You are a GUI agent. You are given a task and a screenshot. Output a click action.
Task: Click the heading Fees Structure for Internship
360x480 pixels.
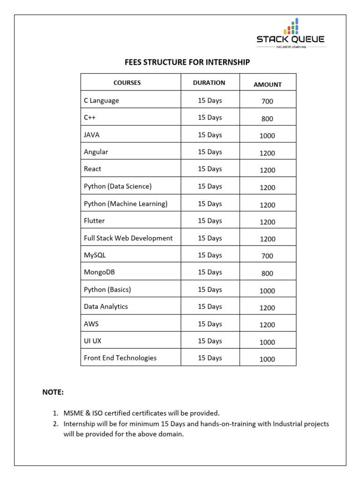[187, 62]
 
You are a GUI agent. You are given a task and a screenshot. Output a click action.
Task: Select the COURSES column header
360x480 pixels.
[127, 82]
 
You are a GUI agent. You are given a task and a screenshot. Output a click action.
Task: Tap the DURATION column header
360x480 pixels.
[209, 82]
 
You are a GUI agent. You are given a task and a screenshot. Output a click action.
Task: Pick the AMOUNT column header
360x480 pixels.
[267, 84]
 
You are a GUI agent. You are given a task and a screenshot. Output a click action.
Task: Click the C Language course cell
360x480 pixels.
[101, 100]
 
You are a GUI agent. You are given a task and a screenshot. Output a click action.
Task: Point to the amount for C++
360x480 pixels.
[267, 119]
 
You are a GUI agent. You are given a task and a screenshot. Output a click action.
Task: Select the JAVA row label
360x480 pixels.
[92, 135]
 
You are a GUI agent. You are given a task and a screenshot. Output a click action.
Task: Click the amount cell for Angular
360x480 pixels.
[267, 153]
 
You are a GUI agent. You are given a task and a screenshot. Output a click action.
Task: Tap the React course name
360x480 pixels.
[92, 169]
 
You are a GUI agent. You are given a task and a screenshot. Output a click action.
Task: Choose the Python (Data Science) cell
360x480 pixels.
[118, 186]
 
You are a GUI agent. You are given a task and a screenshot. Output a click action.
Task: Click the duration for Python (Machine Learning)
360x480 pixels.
[210, 203]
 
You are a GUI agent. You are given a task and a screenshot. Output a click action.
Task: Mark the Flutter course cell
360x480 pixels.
[94, 220]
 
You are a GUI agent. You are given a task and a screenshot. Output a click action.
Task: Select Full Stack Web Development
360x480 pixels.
[128, 238]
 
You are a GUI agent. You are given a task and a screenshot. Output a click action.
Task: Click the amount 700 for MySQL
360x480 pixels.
[267, 256]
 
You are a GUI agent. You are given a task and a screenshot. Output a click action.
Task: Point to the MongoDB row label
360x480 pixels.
[99, 272]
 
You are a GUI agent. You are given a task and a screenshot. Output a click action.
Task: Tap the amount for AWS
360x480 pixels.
[267, 325]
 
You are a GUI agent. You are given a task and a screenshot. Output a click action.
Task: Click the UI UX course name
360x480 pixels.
[92, 341]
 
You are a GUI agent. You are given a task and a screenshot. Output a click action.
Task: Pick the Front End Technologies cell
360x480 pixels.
[120, 358]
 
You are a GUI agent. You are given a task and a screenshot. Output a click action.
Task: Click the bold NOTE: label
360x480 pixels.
[53, 392]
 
